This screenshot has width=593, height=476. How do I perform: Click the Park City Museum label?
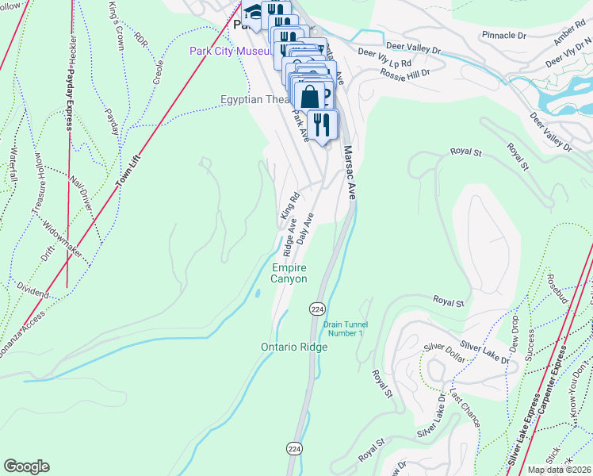pyautogui.click(x=232, y=52)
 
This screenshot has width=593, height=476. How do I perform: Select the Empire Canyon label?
pyautogui.click(x=289, y=273)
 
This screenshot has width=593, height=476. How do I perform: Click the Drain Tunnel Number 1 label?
pyautogui.click(x=343, y=328)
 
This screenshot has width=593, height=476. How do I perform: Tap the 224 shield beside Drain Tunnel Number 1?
pyautogui.click(x=316, y=308)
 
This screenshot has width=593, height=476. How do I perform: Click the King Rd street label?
pyautogui.click(x=289, y=205)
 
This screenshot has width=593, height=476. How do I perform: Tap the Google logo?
pyautogui.click(x=26, y=466)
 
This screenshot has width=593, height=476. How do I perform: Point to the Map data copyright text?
pyautogui.click(x=560, y=470)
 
